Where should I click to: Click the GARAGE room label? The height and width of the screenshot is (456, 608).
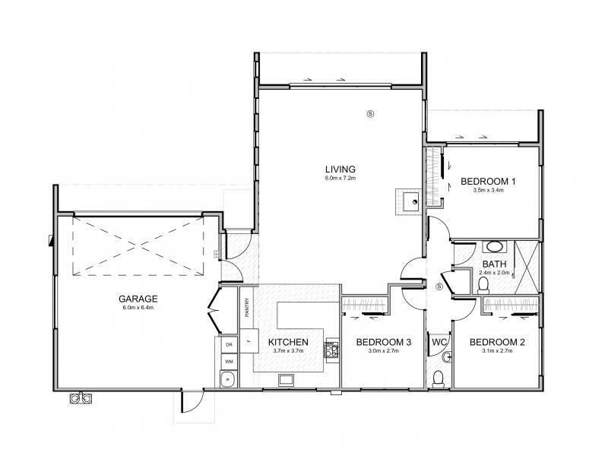[138, 299]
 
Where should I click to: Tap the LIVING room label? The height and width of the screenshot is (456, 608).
[340, 169]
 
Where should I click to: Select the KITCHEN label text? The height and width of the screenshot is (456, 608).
[288, 342]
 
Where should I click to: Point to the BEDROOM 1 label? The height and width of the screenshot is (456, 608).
[488, 181]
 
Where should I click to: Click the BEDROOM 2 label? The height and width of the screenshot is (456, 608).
[497, 342]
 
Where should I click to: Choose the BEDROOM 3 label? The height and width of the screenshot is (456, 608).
[384, 342]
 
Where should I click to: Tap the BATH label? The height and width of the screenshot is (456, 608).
[495, 264]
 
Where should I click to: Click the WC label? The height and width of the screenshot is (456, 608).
[440, 342]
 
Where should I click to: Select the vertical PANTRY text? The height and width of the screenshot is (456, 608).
[247, 308]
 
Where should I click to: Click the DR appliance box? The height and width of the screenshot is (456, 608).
[229, 345]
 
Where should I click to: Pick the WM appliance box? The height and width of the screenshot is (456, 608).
[229, 362]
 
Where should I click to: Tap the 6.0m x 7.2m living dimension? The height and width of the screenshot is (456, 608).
[340, 178]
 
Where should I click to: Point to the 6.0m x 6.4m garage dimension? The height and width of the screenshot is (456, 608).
[138, 308]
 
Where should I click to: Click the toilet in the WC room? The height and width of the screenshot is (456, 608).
[439, 378]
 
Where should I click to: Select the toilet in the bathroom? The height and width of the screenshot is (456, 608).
[483, 287]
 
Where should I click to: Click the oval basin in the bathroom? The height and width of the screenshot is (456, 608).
[495, 246]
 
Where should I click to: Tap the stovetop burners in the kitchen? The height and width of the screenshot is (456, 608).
[331, 350]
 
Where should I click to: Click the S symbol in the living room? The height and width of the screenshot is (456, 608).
[371, 113]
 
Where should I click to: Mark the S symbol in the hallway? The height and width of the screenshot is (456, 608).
[439, 287]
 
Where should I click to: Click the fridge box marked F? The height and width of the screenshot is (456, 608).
[249, 340]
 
